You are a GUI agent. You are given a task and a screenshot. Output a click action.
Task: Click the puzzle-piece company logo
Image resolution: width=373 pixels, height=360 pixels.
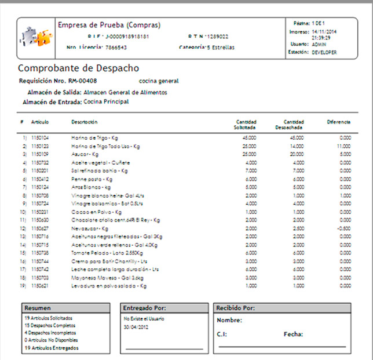coord(35,37)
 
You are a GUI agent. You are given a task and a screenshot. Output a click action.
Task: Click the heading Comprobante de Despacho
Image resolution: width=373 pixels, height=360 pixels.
coord(78,68)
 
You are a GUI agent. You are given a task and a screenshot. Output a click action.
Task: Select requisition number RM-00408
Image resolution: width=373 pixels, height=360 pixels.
coord(83,81)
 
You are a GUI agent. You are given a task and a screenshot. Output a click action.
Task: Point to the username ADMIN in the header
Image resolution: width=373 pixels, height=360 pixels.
coord(319,44)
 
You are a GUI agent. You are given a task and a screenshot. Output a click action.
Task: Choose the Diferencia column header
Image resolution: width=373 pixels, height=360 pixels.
coord(338,122)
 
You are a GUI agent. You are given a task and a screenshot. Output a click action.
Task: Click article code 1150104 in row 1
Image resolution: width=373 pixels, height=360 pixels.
coord(40,138)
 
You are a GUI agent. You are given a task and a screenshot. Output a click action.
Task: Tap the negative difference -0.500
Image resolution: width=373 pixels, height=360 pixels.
coord(344,228)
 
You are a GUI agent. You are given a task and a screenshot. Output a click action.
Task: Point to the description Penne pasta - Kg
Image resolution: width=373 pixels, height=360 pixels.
coord(88,179)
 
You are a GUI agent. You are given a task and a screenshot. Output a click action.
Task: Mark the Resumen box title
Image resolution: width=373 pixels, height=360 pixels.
coord(38,308)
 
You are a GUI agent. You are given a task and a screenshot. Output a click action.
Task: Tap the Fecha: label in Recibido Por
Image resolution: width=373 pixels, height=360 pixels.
coord(294,334)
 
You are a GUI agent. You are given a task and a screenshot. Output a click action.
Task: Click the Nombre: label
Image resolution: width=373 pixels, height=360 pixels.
coord(229,320)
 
